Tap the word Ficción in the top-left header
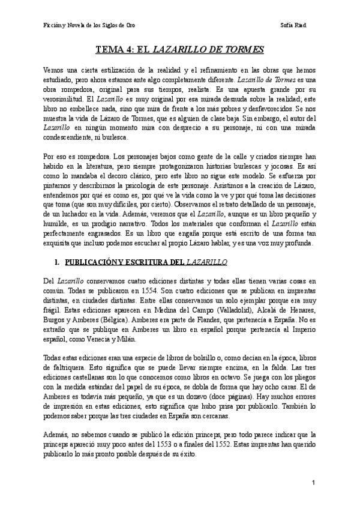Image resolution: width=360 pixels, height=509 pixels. pyautogui.click(x=54, y=26)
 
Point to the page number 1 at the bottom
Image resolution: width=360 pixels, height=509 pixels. pyautogui.click(x=314, y=482)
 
